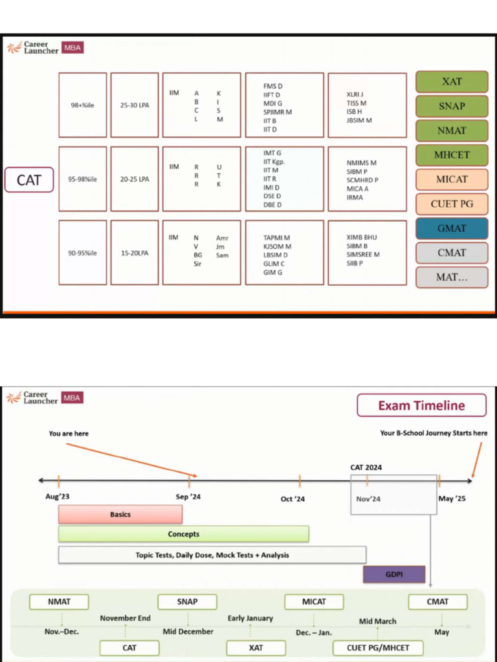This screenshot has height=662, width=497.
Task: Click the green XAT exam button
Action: [x=452, y=81]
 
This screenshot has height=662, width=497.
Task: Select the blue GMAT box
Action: [x=452, y=228]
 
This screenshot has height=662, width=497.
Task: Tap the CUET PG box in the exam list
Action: [x=452, y=204]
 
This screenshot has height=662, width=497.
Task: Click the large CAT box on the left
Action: [x=29, y=180]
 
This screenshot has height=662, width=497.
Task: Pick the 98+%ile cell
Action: [x=82, y=105]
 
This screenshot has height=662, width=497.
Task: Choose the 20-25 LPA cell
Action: [x=135, y=179]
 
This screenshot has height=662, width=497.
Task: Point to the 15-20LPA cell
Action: [x=135, y=253]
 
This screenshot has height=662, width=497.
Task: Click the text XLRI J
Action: [x=355, y=94]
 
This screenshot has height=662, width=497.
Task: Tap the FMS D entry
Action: [x=273, y=86]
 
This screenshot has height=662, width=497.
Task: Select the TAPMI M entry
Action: [x=277, y=238]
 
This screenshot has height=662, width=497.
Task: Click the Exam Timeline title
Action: [x=421, y=406]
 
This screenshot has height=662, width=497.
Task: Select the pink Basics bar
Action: [x=120, y=515]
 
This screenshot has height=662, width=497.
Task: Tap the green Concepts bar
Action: [x=184, y=534]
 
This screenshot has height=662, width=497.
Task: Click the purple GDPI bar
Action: [x=393, y=574]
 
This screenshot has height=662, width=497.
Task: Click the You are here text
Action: [x=69, y=433]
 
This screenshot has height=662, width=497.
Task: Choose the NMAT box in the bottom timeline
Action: [x=60, y=602]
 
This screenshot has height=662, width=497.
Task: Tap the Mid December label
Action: [x=188, y=632]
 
